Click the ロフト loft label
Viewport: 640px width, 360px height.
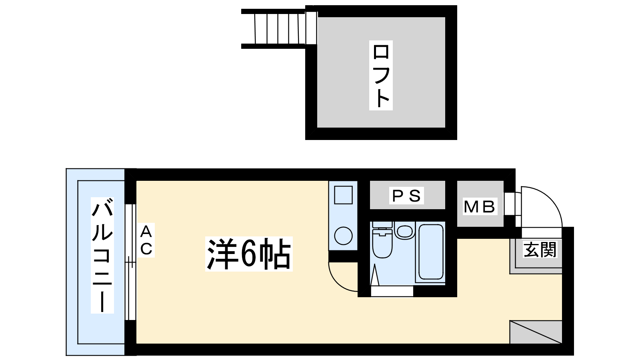tap(380, 75)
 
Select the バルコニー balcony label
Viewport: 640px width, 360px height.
tap(102, 255)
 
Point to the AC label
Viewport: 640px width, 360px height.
tap(146, 240)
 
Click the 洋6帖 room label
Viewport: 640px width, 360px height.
tap(249, 254)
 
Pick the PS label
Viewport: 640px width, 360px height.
tap(406, 196)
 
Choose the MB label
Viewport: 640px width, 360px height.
tap(479, 206)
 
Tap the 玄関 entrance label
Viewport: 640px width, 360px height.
tap(540, 250)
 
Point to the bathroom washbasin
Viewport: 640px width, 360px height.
tap(405, 231)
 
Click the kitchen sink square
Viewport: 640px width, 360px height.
tap(343, 196)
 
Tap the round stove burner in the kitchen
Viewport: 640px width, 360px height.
tap(343, 235)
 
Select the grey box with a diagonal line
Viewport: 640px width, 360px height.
tap(536, 332)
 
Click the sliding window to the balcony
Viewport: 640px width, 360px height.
tap(130, 262)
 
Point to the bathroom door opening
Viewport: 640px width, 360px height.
tap(392, 291)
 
